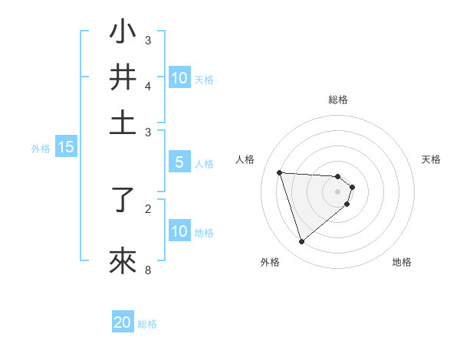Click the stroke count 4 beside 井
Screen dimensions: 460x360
[x=148, y=86]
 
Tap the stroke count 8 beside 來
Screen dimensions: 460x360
[x=148, y=270]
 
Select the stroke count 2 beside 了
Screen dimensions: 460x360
[x=148, y=208]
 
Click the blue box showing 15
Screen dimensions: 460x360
[x=66, y=148]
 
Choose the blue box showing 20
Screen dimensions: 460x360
[x=123, y=322]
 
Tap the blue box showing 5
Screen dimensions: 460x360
[x=179, y=162]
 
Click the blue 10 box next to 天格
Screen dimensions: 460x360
[x=179, y=77]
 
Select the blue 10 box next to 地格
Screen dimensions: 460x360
[x=179, y=231]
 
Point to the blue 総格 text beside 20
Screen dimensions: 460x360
[x=147, y=324]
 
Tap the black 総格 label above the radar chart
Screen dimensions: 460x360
[x=338, y=100]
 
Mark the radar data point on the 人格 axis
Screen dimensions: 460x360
[x=279, y=172]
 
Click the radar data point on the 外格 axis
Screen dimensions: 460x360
[x=301, y=242]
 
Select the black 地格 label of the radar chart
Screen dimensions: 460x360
[x=402, y=262]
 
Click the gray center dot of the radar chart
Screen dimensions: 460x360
[x=338, y=191]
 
